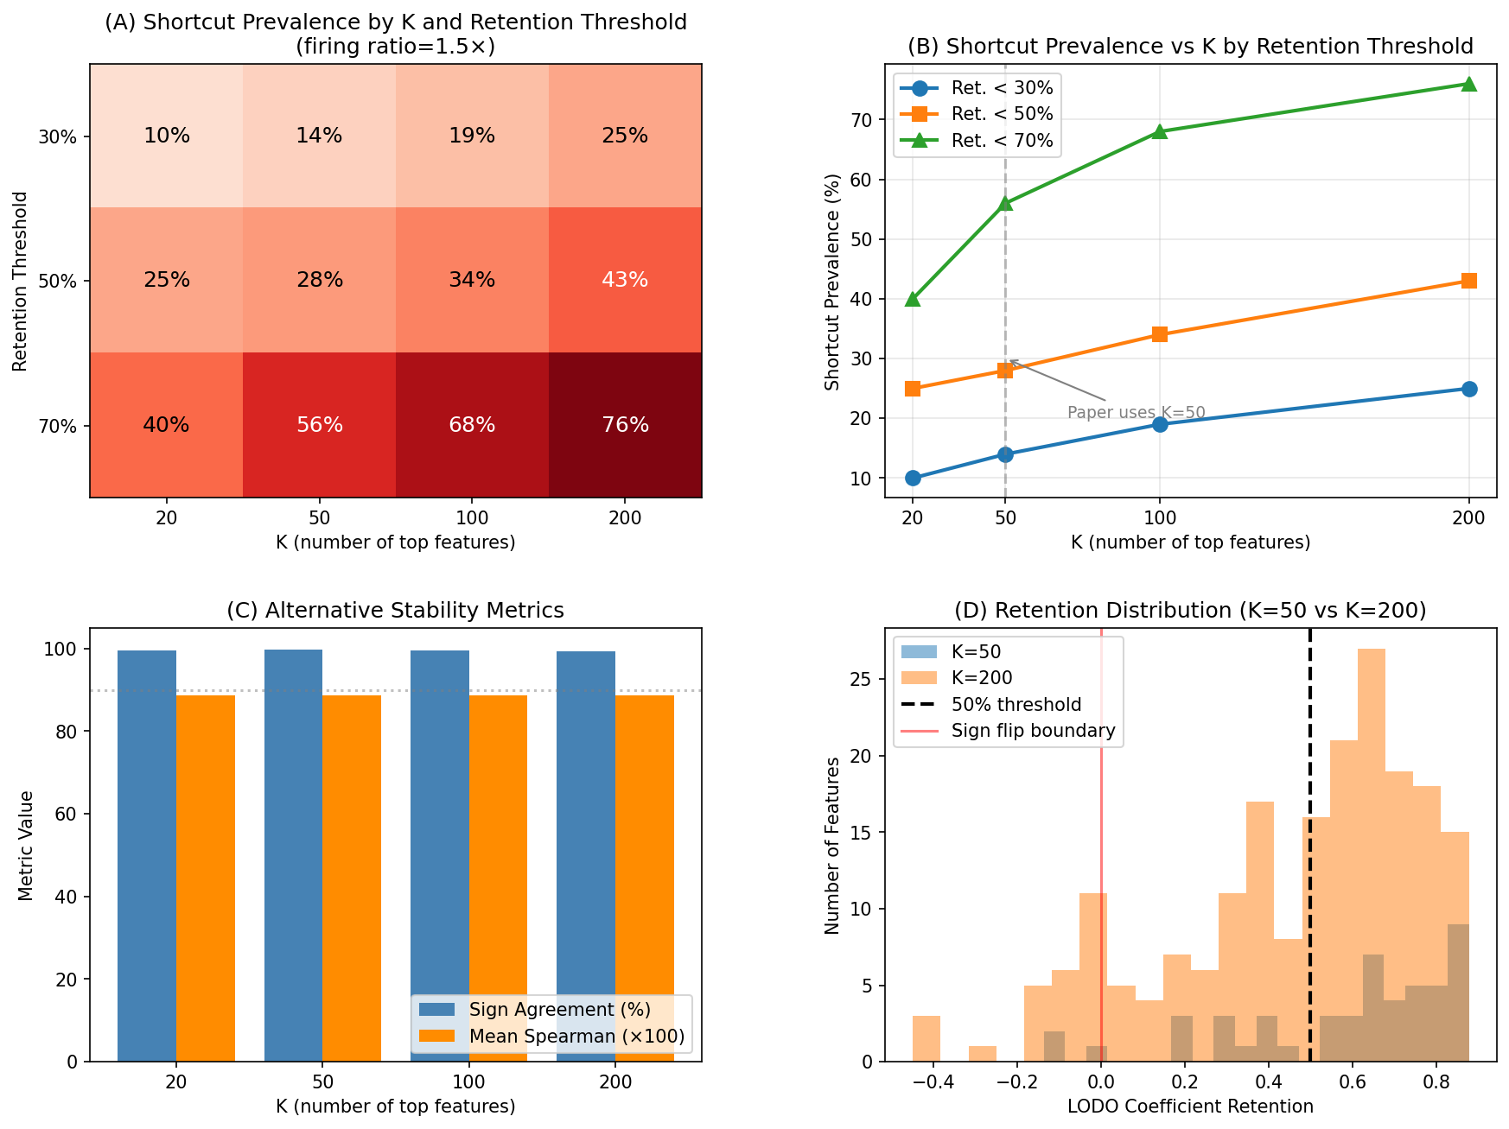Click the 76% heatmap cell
click(625, 425)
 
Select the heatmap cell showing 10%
click(167, 136)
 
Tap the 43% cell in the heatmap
click(625, 280)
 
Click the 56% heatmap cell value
click(320, 425)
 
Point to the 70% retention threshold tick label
click(58, 426)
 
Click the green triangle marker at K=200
click(1468, 84)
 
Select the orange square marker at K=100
click(1160, 334)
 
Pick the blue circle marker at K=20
click(913, 478)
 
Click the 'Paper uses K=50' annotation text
click(1136, 413)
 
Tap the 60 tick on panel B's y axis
click(863, 180)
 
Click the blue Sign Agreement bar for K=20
click(147, 855)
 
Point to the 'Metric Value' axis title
click(26, 845)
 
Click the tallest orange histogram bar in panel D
click(1372, 855)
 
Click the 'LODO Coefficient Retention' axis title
click(1190, 1107)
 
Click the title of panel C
click(395, 611)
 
